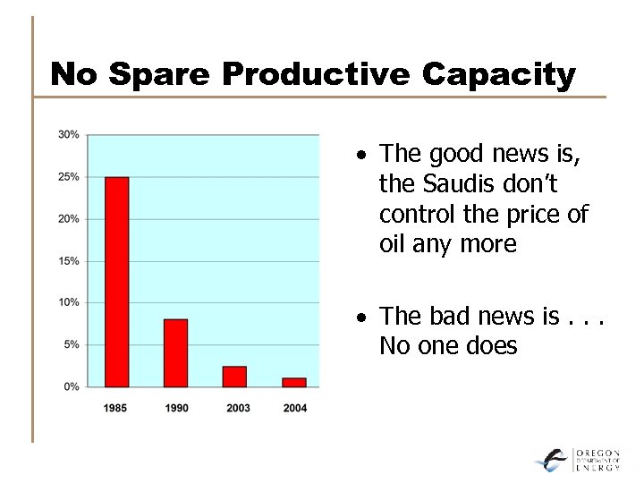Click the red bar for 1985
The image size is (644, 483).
tap(116, 282)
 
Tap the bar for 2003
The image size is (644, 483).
tap(234, 377)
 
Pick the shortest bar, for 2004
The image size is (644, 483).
tap(293, 382)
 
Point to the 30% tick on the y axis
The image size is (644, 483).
tap(69, 135)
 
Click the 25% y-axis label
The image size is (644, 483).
tap(69, 177)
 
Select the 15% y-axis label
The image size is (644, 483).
tap(69, 261)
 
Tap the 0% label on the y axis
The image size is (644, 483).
tap(72, 386)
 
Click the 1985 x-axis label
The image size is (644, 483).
tap(115, 408)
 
